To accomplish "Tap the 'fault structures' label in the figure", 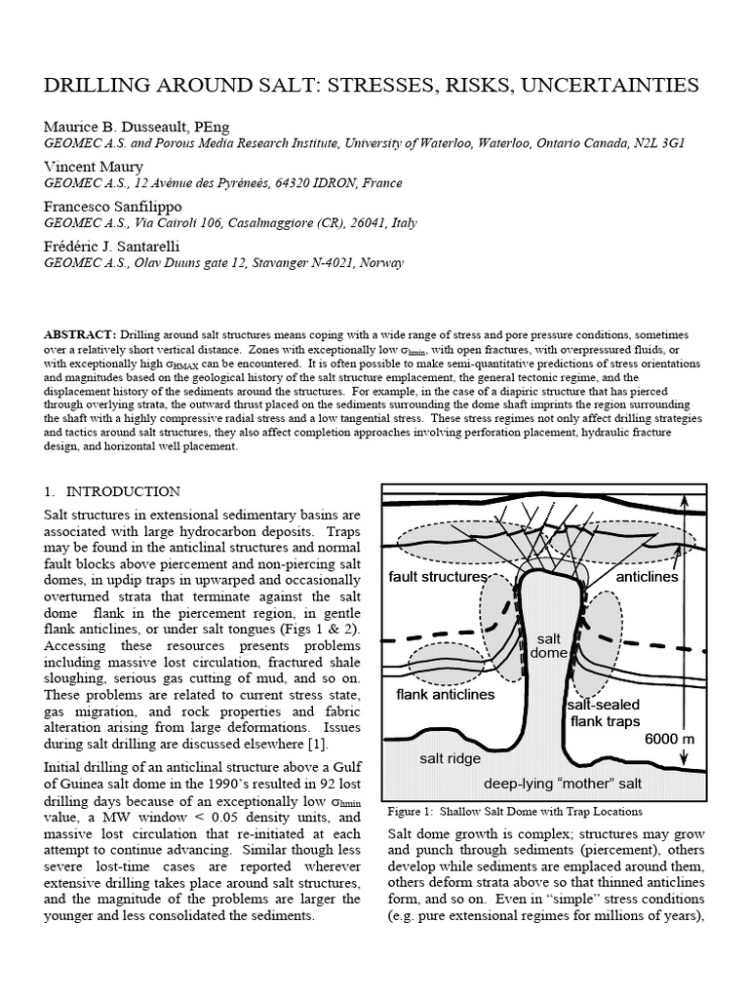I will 437,577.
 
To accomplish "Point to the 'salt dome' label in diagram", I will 548,645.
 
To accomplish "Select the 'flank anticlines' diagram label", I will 445,695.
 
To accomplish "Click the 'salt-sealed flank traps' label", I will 604,712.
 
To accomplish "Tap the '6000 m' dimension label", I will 669,740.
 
